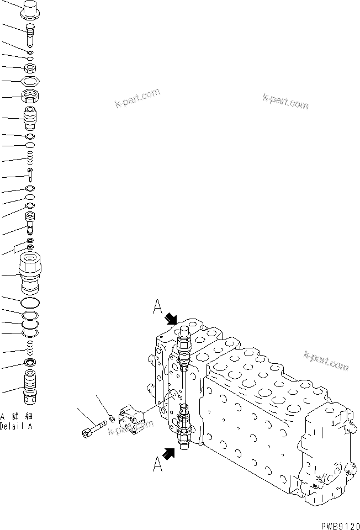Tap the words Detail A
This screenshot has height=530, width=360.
tap(16, 427)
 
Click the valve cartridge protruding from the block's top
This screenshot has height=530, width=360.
tap(184, 345)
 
